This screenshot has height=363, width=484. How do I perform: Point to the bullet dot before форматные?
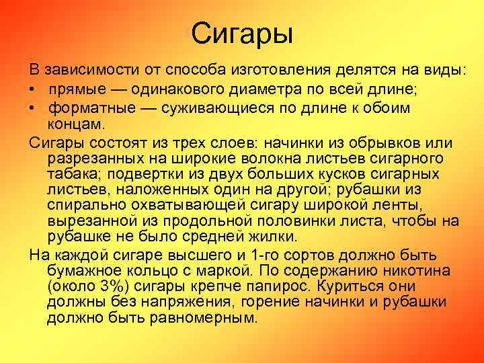click(32, 108)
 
